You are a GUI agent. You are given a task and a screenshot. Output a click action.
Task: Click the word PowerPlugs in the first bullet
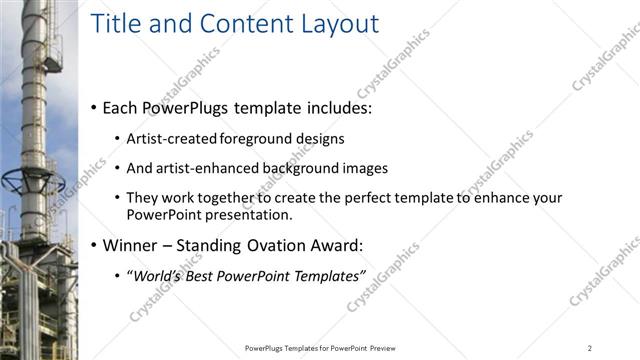187,106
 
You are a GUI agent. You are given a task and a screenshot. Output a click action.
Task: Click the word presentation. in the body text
250,214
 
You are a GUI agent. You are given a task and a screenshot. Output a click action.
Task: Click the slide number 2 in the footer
590,347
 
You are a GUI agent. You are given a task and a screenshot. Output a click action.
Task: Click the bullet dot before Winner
94,245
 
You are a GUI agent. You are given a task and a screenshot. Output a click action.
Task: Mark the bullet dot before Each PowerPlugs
94,106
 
